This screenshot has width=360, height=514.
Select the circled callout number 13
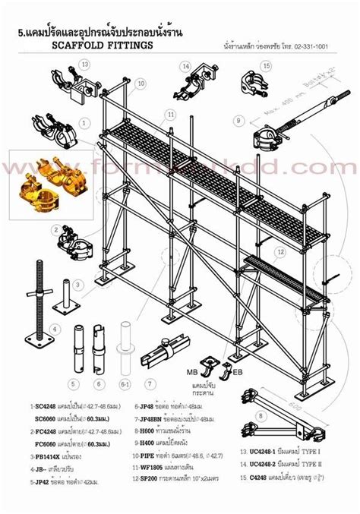coord(86,65)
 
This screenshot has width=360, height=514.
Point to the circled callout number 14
coord(185,66)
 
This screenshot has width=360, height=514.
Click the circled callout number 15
coord(266,66)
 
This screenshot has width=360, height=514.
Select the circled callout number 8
coord(261,416)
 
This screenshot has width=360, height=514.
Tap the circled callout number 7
coord(151,383)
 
